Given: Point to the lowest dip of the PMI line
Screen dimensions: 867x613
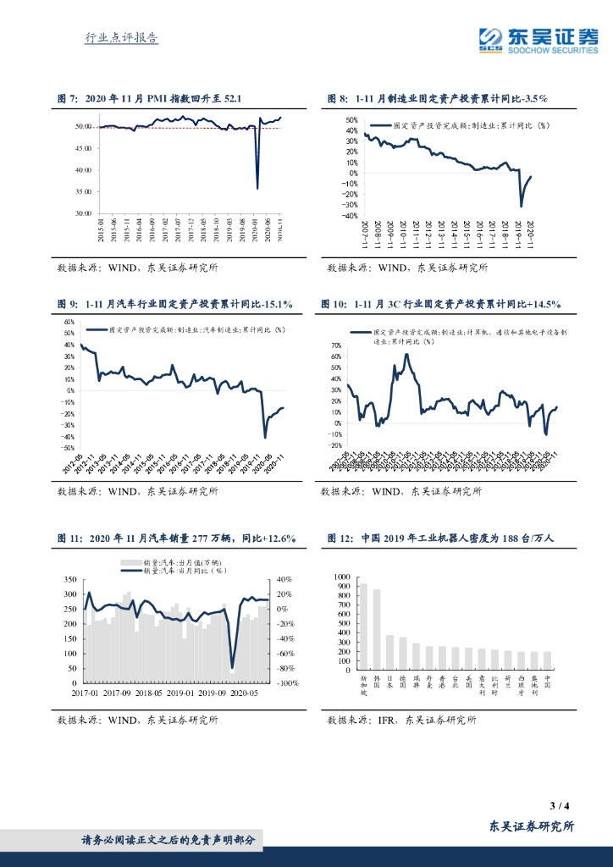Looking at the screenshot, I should click(x=257, y=188).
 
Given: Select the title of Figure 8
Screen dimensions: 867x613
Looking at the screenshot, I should click(x=437, y=99).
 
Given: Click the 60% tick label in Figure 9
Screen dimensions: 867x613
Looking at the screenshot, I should click(x=69, y=323).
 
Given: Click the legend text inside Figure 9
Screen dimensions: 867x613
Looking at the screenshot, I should click(x=190, y=330).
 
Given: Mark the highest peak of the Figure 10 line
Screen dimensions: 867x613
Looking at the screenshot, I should click(x=407, y=354).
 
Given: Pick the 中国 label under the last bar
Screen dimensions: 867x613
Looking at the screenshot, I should click(x=546, y=679).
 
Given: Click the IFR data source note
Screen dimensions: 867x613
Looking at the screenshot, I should click(x=401, y=721).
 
